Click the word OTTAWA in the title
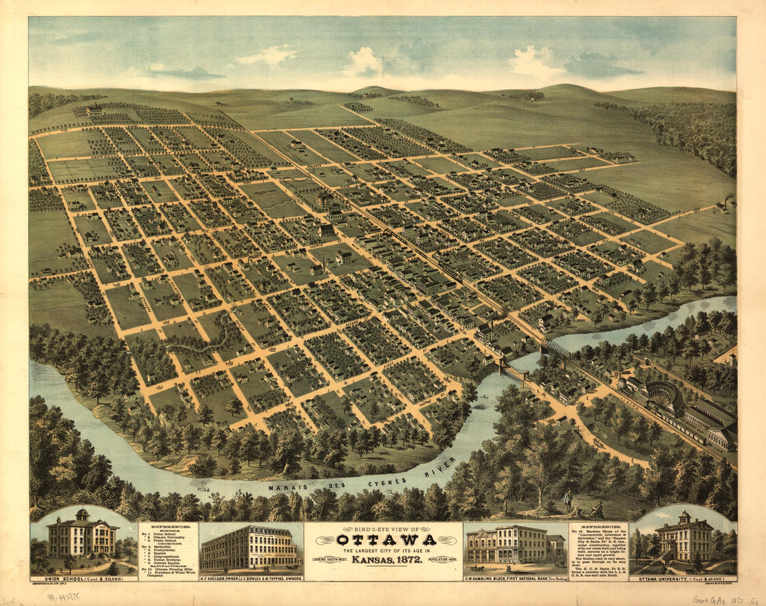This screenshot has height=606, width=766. (x=386, y=540)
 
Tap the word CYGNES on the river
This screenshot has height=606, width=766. (x=379, y=481)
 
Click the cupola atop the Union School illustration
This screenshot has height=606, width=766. (x=82, y=515)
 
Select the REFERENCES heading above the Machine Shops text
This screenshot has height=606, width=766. (x=597, y=527)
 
